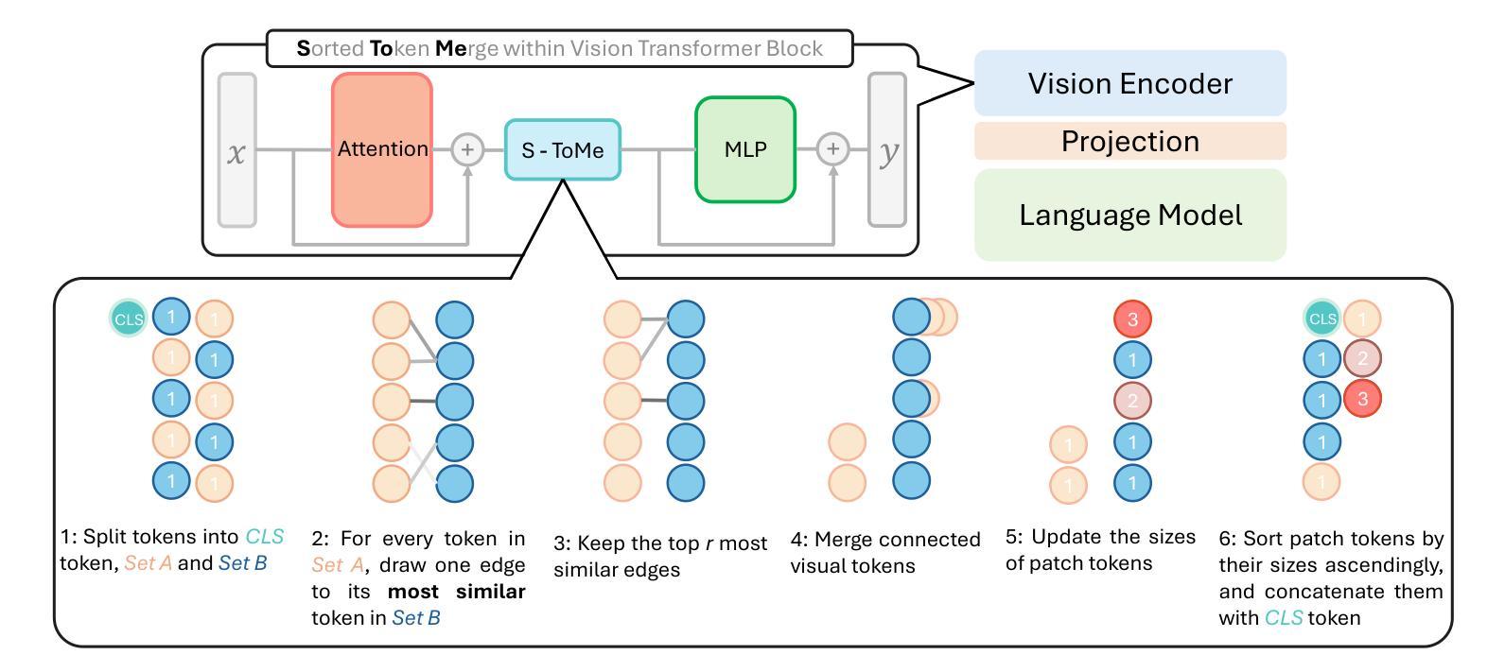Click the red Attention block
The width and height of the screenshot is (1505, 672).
381,149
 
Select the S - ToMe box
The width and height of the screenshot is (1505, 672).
562,149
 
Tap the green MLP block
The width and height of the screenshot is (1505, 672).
745,149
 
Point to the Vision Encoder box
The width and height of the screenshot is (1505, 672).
1130,83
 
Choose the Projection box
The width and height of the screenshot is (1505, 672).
1130,141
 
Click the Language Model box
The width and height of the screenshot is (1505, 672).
1130,215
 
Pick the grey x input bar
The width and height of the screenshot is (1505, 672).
237,149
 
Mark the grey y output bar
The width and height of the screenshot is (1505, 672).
887,149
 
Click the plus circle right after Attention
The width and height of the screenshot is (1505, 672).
467,149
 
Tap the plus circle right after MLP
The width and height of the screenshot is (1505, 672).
832,149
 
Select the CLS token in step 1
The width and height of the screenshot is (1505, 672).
129,319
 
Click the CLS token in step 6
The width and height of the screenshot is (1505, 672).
1322,319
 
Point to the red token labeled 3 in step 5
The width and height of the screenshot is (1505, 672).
1132,319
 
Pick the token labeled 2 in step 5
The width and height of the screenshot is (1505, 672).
1132,401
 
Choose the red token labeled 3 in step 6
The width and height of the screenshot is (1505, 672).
1362,399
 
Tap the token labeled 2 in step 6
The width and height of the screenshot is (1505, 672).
1362,358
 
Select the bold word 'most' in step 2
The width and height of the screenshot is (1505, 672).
413,592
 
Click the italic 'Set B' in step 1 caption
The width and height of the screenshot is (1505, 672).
242,562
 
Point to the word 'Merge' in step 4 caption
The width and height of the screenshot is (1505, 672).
847,540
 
